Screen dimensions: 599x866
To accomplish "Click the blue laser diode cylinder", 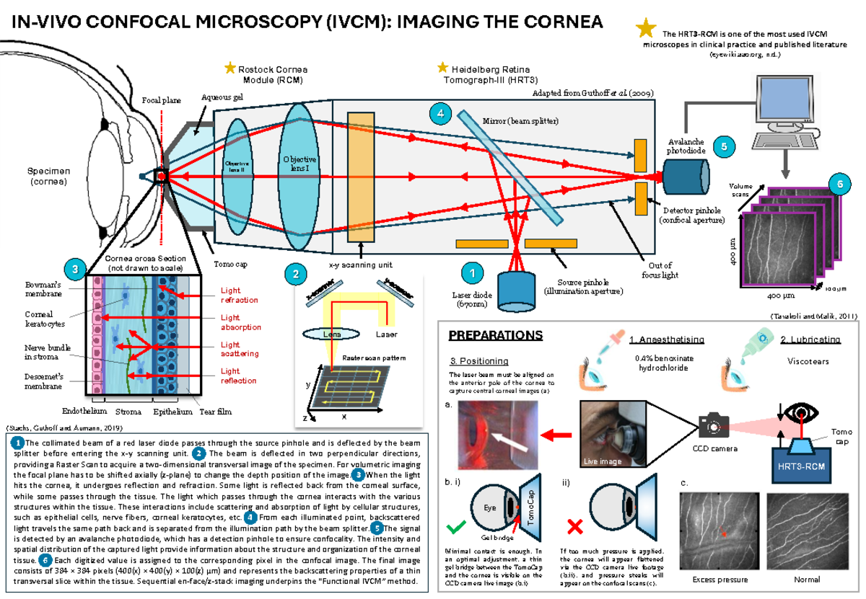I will point(516,287).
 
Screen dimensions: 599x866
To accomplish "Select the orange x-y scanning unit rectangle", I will point(362,176).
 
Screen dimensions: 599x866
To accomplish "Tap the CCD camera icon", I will point(713,426).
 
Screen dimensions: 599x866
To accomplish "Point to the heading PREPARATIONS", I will point(495,336).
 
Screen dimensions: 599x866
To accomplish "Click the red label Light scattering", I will point(240,349).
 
